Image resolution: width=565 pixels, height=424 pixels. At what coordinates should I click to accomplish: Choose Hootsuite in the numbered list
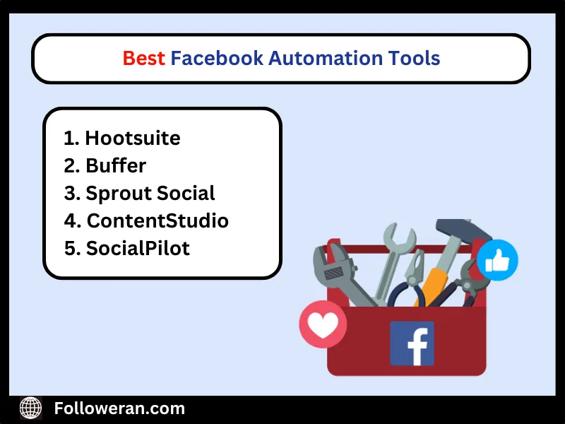pos(132,138)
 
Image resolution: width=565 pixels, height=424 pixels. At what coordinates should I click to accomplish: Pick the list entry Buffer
pos(116,165)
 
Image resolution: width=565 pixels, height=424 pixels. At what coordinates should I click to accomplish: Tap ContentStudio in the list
pos(157,220)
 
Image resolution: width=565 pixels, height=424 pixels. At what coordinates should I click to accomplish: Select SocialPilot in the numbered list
pos(138,248)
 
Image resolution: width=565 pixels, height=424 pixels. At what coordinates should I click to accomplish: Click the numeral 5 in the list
pos(70,248)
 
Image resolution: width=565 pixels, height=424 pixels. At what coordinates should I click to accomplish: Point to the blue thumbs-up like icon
pos(497,260)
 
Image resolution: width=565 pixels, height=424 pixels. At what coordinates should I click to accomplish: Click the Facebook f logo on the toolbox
pos(412,343)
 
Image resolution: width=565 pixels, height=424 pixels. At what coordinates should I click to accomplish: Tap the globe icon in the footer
pos(30,408)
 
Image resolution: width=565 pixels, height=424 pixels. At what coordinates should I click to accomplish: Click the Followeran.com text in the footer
pos(119,408)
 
